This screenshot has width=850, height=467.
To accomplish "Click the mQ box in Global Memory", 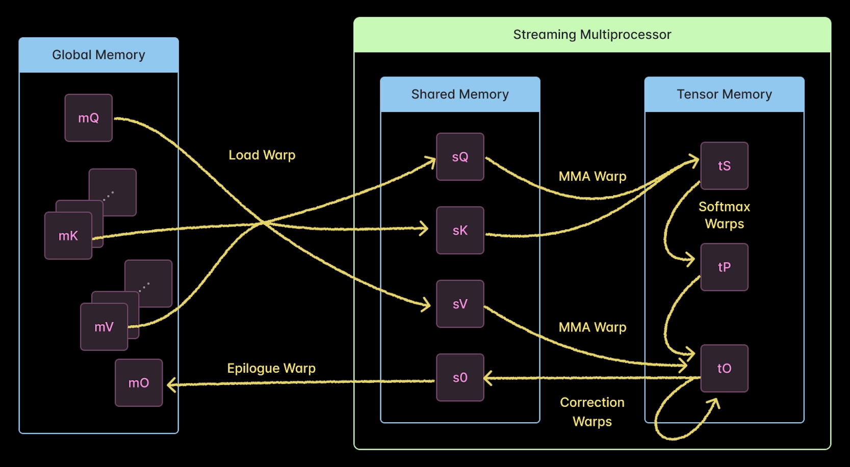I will click(88, 118).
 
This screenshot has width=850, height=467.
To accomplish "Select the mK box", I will click(68, 236).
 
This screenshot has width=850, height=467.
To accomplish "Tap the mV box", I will click(104, 327).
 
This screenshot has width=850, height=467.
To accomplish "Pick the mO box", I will click(139, 383).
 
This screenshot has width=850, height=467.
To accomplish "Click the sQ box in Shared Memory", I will click(460, 157).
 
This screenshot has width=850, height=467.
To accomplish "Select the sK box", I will click(460, 230).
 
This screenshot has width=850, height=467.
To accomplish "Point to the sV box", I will click(460, 304).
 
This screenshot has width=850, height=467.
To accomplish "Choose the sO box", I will click(460, 377).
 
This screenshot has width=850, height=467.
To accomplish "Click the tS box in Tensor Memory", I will click(724, 166).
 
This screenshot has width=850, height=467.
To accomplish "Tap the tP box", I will click(724, 267).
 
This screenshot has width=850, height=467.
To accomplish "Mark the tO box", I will click(724, 368).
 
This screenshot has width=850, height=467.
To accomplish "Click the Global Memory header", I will click(98, 55).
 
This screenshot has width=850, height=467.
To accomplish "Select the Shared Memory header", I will click(460, 94).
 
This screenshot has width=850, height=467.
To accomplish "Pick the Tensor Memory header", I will click(724, 94).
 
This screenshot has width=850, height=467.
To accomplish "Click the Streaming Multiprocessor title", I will click(592, 35).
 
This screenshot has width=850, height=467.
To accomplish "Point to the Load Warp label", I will click(262, 155).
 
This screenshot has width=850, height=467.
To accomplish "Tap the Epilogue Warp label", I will click(271, 368).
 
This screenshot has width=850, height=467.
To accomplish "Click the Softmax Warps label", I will click(724, 215).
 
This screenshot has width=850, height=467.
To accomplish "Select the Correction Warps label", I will click(592, 411).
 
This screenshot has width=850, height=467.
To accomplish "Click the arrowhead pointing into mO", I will click(171, 384).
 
